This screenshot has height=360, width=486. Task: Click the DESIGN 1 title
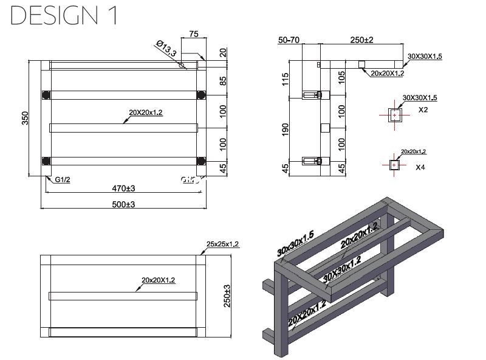pyautogui.click(x=63, y=16)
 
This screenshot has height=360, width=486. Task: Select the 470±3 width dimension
pyautogui.click(x=123, y=189)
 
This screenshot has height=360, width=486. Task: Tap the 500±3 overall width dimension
pyautogui.click(x=123, y=204)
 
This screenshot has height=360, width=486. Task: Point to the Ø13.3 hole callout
pyautogui.click(x=166, y=49)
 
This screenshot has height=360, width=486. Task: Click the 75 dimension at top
pyautogui.click(x=194, y=35)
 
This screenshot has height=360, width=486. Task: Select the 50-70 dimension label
pyautogui.click(x=289, y=40)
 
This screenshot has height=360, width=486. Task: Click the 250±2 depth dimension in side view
pyautogui.click(x=361, y=40)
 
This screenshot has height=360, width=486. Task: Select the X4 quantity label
pyautogui.click(x=420, y=167)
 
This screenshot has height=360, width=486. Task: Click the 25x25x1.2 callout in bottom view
pyautogui.click(x=223, y=244)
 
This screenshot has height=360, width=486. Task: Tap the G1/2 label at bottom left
pyautogui.click(x=63, y=180)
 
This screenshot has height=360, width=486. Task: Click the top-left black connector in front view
pyautogui.click(x=46, y=95)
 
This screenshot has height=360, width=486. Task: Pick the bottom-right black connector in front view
pyautogui.click(x=202, y=161)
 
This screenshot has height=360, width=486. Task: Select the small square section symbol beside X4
pyautogui.click(x=394, y=164)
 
